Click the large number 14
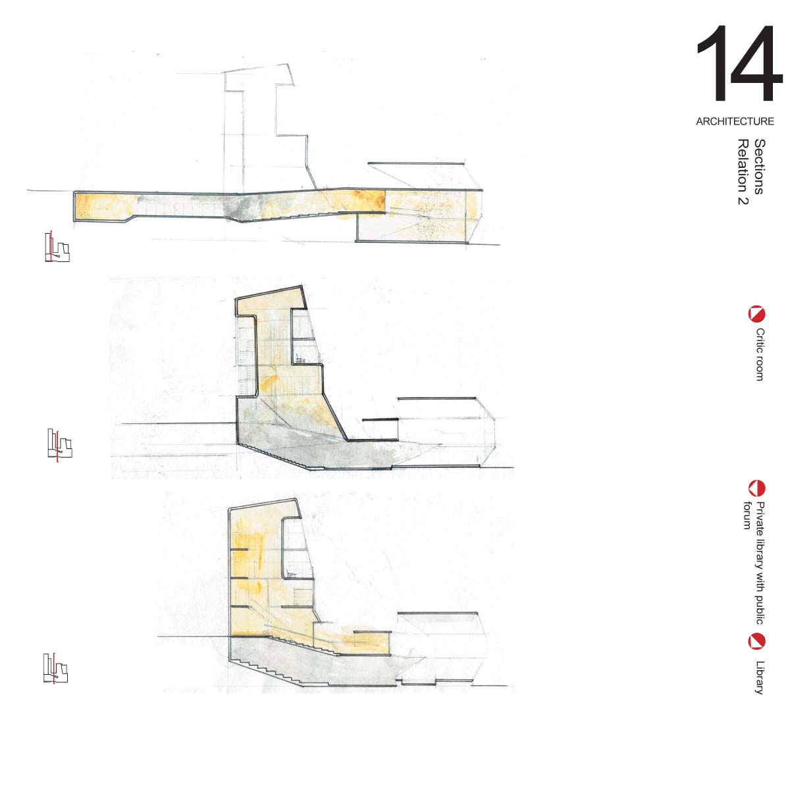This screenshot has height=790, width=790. [739, 63]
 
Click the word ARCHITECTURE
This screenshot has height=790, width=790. [735, 121]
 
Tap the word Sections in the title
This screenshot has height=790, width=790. [760, 167]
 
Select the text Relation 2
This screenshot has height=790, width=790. [743, 172]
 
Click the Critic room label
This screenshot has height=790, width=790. [760, 355]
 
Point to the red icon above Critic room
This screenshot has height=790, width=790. [756, 315]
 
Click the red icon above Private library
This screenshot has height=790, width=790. [756, 488]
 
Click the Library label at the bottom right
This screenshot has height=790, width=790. [760, 677]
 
